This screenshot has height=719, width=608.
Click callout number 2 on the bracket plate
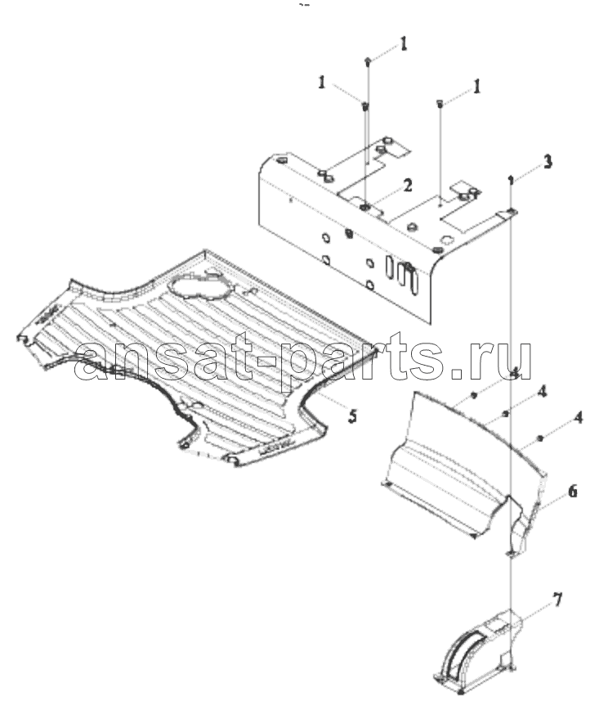(407, 186)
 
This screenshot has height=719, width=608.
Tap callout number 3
(548, 161)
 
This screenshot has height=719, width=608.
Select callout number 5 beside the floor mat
(352, 416)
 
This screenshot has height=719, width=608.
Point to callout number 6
(572, 491)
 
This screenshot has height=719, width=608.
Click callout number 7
(557, 600)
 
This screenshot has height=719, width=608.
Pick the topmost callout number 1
(403, 43)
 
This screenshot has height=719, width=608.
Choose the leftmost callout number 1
(322, 83)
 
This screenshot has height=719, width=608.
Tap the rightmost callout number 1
(477, 86)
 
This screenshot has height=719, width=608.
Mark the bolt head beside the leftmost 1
(365, 106)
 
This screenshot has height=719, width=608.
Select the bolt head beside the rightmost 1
(440, 103)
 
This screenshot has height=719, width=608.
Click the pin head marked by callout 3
(511, 179)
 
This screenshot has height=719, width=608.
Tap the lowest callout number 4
(579, 417)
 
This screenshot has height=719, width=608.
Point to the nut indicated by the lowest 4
(540, 438)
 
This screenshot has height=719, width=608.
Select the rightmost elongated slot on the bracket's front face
(413, 280)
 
